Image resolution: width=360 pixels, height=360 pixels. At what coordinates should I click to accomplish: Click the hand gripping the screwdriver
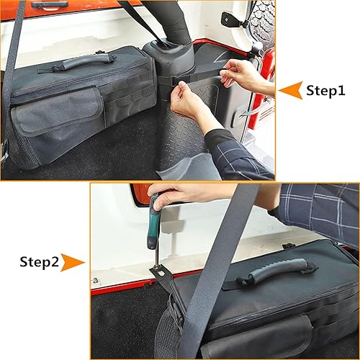pos(180,197)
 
